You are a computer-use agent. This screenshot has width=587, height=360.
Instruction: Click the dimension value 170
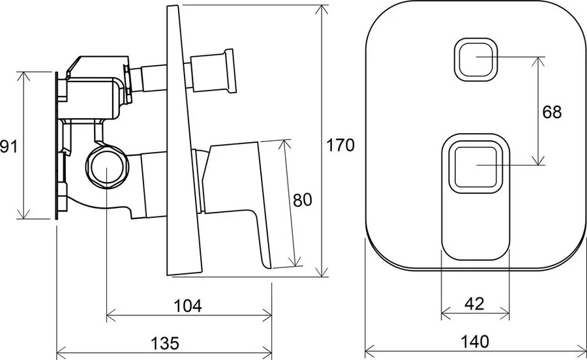(340, 145)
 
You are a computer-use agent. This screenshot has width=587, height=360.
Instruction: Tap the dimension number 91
(8, 146)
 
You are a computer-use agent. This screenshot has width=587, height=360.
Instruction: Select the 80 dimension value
(303, 200)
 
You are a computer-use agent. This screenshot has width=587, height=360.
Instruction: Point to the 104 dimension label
(188, 306)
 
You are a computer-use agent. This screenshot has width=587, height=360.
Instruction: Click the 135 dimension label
(165, 343)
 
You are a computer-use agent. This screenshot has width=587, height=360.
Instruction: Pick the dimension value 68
(552, 112)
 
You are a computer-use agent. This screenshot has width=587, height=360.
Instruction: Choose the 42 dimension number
(474, 303)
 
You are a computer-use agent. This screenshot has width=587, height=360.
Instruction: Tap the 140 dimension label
(474, 341)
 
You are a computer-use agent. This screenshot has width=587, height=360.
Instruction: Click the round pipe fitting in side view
(107, 167)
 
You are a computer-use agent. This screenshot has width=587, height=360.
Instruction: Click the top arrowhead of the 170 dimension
(322, 9)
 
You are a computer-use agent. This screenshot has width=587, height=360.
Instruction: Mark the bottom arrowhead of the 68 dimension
(538, 160)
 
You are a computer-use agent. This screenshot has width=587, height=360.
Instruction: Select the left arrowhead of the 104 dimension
(111, 316)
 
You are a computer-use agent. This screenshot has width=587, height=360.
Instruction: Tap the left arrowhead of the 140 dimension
(370, 352)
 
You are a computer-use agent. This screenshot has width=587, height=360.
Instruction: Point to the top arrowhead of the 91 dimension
(23, 76)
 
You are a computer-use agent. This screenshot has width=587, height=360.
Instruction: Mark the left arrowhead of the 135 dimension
(61, 353)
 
